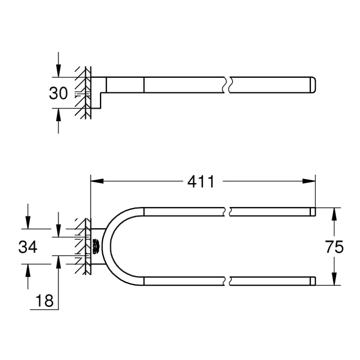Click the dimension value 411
pyautogui.click(x=201, y=182)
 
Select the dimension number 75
pyautogui.click(x=334, y=247)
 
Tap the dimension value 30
pyautogui.click(x=58, y=93)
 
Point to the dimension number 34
pyautogui.click(x=27, y=247)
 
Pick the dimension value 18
pyautogui.click(x=44, y=301)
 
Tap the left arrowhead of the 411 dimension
pyautogui.click(x=97, y=181)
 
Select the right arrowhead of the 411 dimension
pyautogui.click(x=309, y=181)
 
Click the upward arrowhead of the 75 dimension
pyautogui.click(x=334, y=214)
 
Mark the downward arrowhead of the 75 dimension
pyautogui.click(x=334, y=279)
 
